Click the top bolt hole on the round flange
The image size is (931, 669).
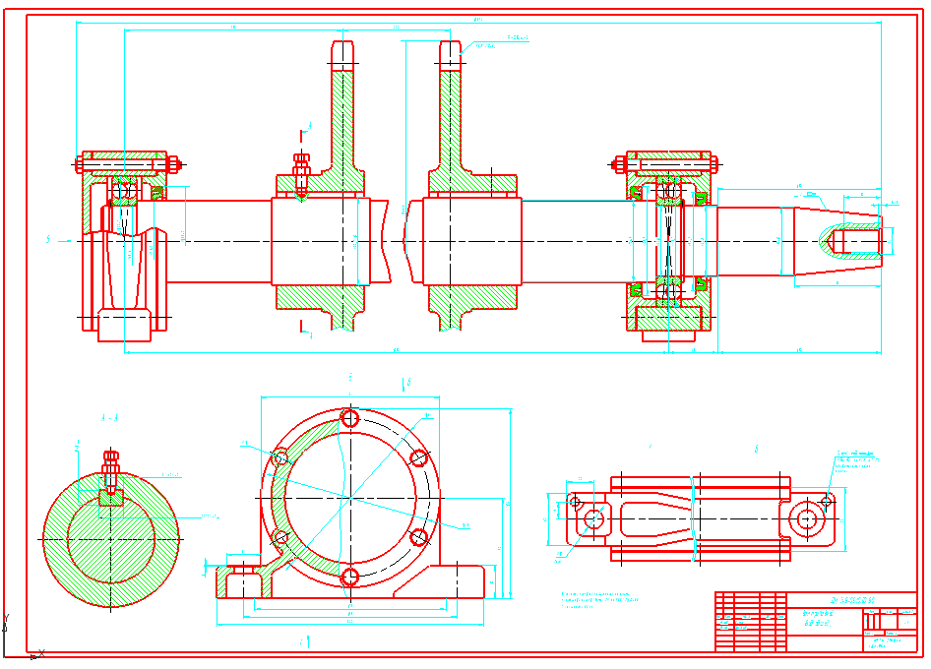point(348,418)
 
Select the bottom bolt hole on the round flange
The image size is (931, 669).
point(348,577)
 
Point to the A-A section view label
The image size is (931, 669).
point(109,418)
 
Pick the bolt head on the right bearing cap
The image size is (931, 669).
point(619,162)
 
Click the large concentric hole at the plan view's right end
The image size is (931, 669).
point(807,517)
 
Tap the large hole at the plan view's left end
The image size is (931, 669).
point(592,518)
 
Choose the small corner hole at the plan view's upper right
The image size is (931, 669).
point(827,501)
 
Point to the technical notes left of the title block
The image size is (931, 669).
point(603,600)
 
